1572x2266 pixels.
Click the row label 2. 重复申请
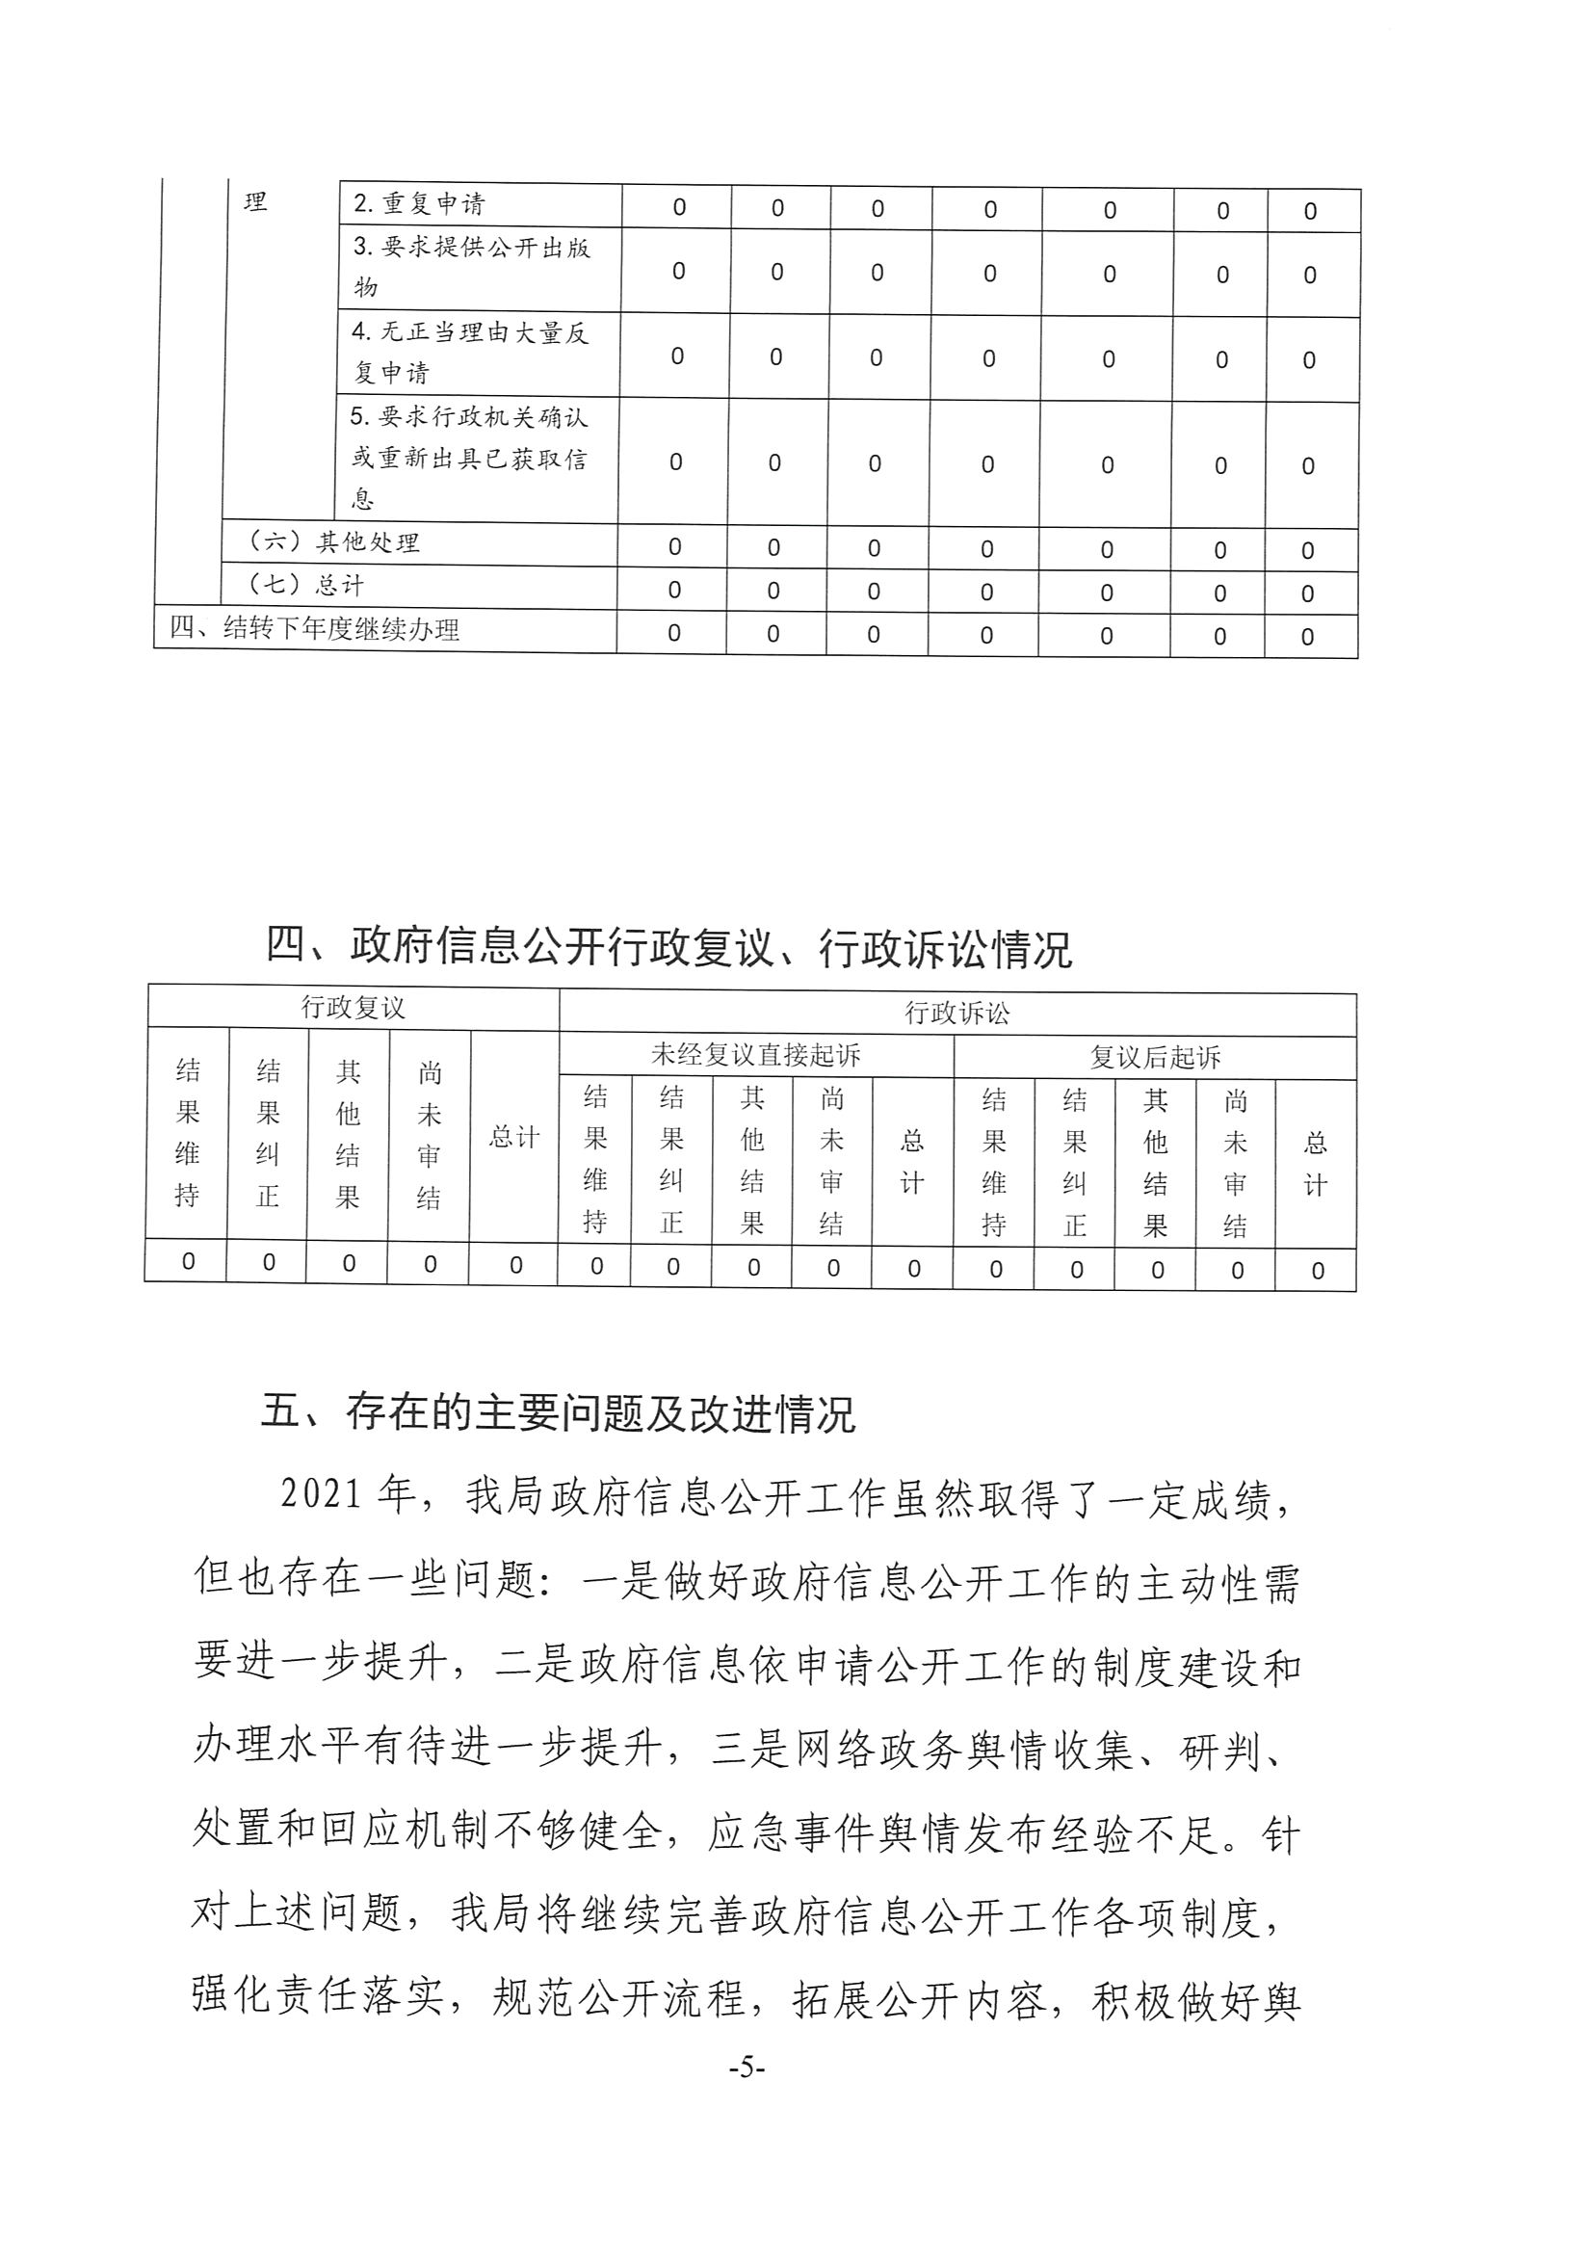pyautogui.click(x=420, y=204)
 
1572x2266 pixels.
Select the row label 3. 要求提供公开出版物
pyautogui.click(x=471, y=267)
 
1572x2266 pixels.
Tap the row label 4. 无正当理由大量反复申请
pyautogui.click(x=469, y=352)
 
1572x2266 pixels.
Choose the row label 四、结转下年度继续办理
pyautogui.click(x=314, y=628)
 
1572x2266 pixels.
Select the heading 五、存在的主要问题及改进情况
pyautogui.click(x=559, y=1412)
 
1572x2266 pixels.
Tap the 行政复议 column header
pyautogui.click(x=353, y=1008)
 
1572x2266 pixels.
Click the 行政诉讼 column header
pyautogui.click(x=956, y=1013)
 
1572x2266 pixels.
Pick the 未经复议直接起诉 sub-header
pyautogui.click(x=755, y=1056)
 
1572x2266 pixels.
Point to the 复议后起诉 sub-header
pyautogui.click(x=1154, y=1058)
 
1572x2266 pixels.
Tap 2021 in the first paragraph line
pyautogui.click(x=321, y=1494)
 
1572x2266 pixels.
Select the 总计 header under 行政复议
pyautogui.click(x=514, y=1137)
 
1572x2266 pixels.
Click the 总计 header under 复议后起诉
pyautogui.click(x=1315, y=1164)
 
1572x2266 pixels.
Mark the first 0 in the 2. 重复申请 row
pyautogui.click(x=679, y=208)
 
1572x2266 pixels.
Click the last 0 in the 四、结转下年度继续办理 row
pyautogui.click(x=1307, y=638)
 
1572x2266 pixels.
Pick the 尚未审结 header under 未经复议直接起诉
pyautogui.click(x=831, y=1161)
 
